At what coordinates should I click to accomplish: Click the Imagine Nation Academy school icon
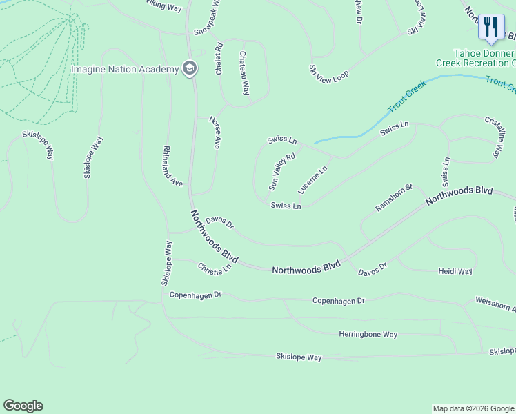coord(189,68)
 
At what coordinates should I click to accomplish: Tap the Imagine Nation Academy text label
coord(125,68)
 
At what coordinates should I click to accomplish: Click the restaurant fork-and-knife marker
coord(491,27)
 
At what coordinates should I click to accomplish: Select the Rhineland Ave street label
coord(172,166)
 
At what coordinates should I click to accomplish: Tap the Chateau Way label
coord(244,73)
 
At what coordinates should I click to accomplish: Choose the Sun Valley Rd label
coord(281,172)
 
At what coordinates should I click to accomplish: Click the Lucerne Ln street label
coord(312,179)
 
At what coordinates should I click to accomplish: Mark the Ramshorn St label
coord(393,197)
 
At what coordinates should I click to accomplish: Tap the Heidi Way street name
coord(455,272)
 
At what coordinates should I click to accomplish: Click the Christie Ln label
coord(214,268)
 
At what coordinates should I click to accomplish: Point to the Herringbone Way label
coord(368,335)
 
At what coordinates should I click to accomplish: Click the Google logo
coord(23,406)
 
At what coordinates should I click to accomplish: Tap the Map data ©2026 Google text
coord(473,408)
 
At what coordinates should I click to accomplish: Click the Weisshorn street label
coord(495,304)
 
